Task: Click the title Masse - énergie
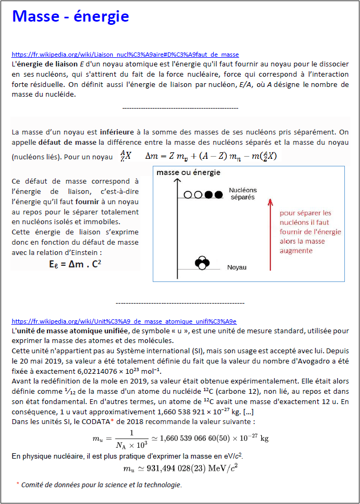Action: [x=71, y=17]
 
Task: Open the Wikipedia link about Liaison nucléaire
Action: [x=125, y=55]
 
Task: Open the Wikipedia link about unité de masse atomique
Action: [x=124, y=321]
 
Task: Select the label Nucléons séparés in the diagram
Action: [x=243, y=193]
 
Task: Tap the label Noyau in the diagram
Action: [x=237, y=267]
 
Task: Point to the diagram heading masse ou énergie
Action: [x=188, y=172]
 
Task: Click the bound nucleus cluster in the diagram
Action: [x=202, y=263]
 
